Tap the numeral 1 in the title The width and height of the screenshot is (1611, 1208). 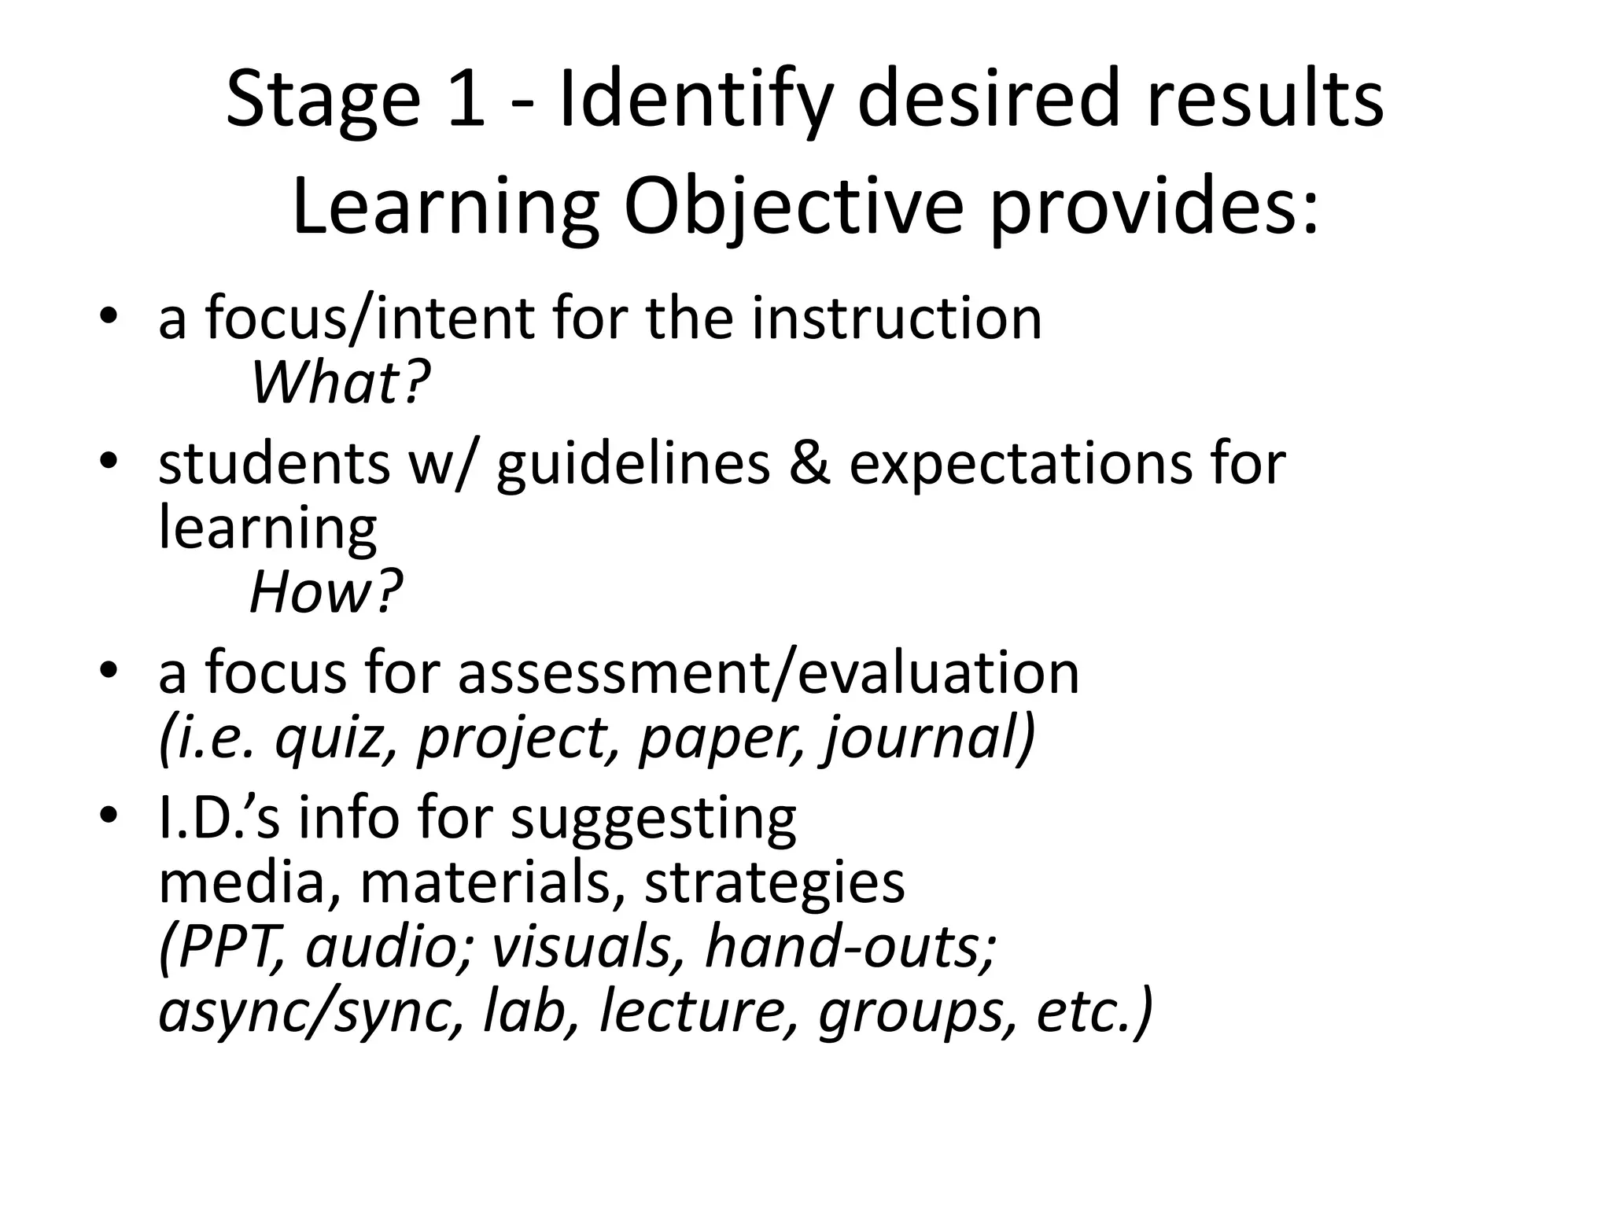466,98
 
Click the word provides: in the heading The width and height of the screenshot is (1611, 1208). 1153,208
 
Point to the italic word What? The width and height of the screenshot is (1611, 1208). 340,383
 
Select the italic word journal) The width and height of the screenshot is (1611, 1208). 929,739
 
